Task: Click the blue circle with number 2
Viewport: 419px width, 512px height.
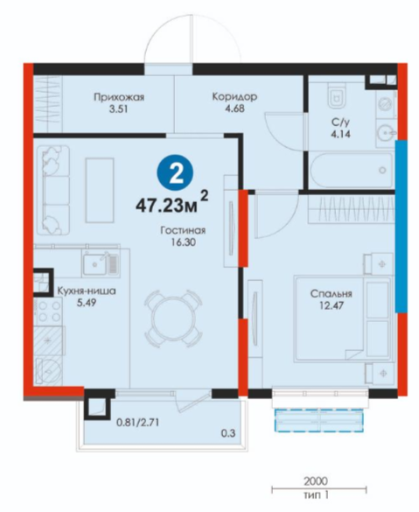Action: pyautogui.click(x=175, y=172)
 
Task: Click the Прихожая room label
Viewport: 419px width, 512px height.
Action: pyautogui.click(x=119, y=97)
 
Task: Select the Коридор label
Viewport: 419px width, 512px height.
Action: pyautogui.click(x=234, y=96)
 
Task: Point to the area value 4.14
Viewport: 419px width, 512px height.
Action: pyautogui.click(x=340, y=134)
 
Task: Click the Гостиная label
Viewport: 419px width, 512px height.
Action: pyautogui.click(x=183, y=230)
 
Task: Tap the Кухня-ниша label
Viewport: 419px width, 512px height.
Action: pyautogui.click(x=87, y=291)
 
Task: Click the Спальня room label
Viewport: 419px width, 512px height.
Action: pyautogui.click(x=332, y=293)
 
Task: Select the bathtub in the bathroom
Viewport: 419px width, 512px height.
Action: pyautogui.click(x=351, y=170)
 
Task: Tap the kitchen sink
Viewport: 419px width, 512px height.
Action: pyautogui.click(x=100, y=263)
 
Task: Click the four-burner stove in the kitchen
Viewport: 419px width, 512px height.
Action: pyautogui.click(x=47, y=312)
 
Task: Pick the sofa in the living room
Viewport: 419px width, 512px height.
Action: pyautogui.click(x=54, y=190)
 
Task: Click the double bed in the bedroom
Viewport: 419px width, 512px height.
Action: pyautogui.click(x=342, y=319)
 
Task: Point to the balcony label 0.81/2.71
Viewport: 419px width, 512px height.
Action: pyautogui.click(x=138, y=423)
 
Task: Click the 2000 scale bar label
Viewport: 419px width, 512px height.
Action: pyautogui.click(x=316, y=481)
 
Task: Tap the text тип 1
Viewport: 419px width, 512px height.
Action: pyautogui.click(x=317, y=495)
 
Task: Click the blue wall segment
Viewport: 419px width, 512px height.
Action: pyautogui.click(x=402, y=227)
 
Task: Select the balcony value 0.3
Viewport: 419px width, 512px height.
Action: pyautogui.click(x=228, y=433)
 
